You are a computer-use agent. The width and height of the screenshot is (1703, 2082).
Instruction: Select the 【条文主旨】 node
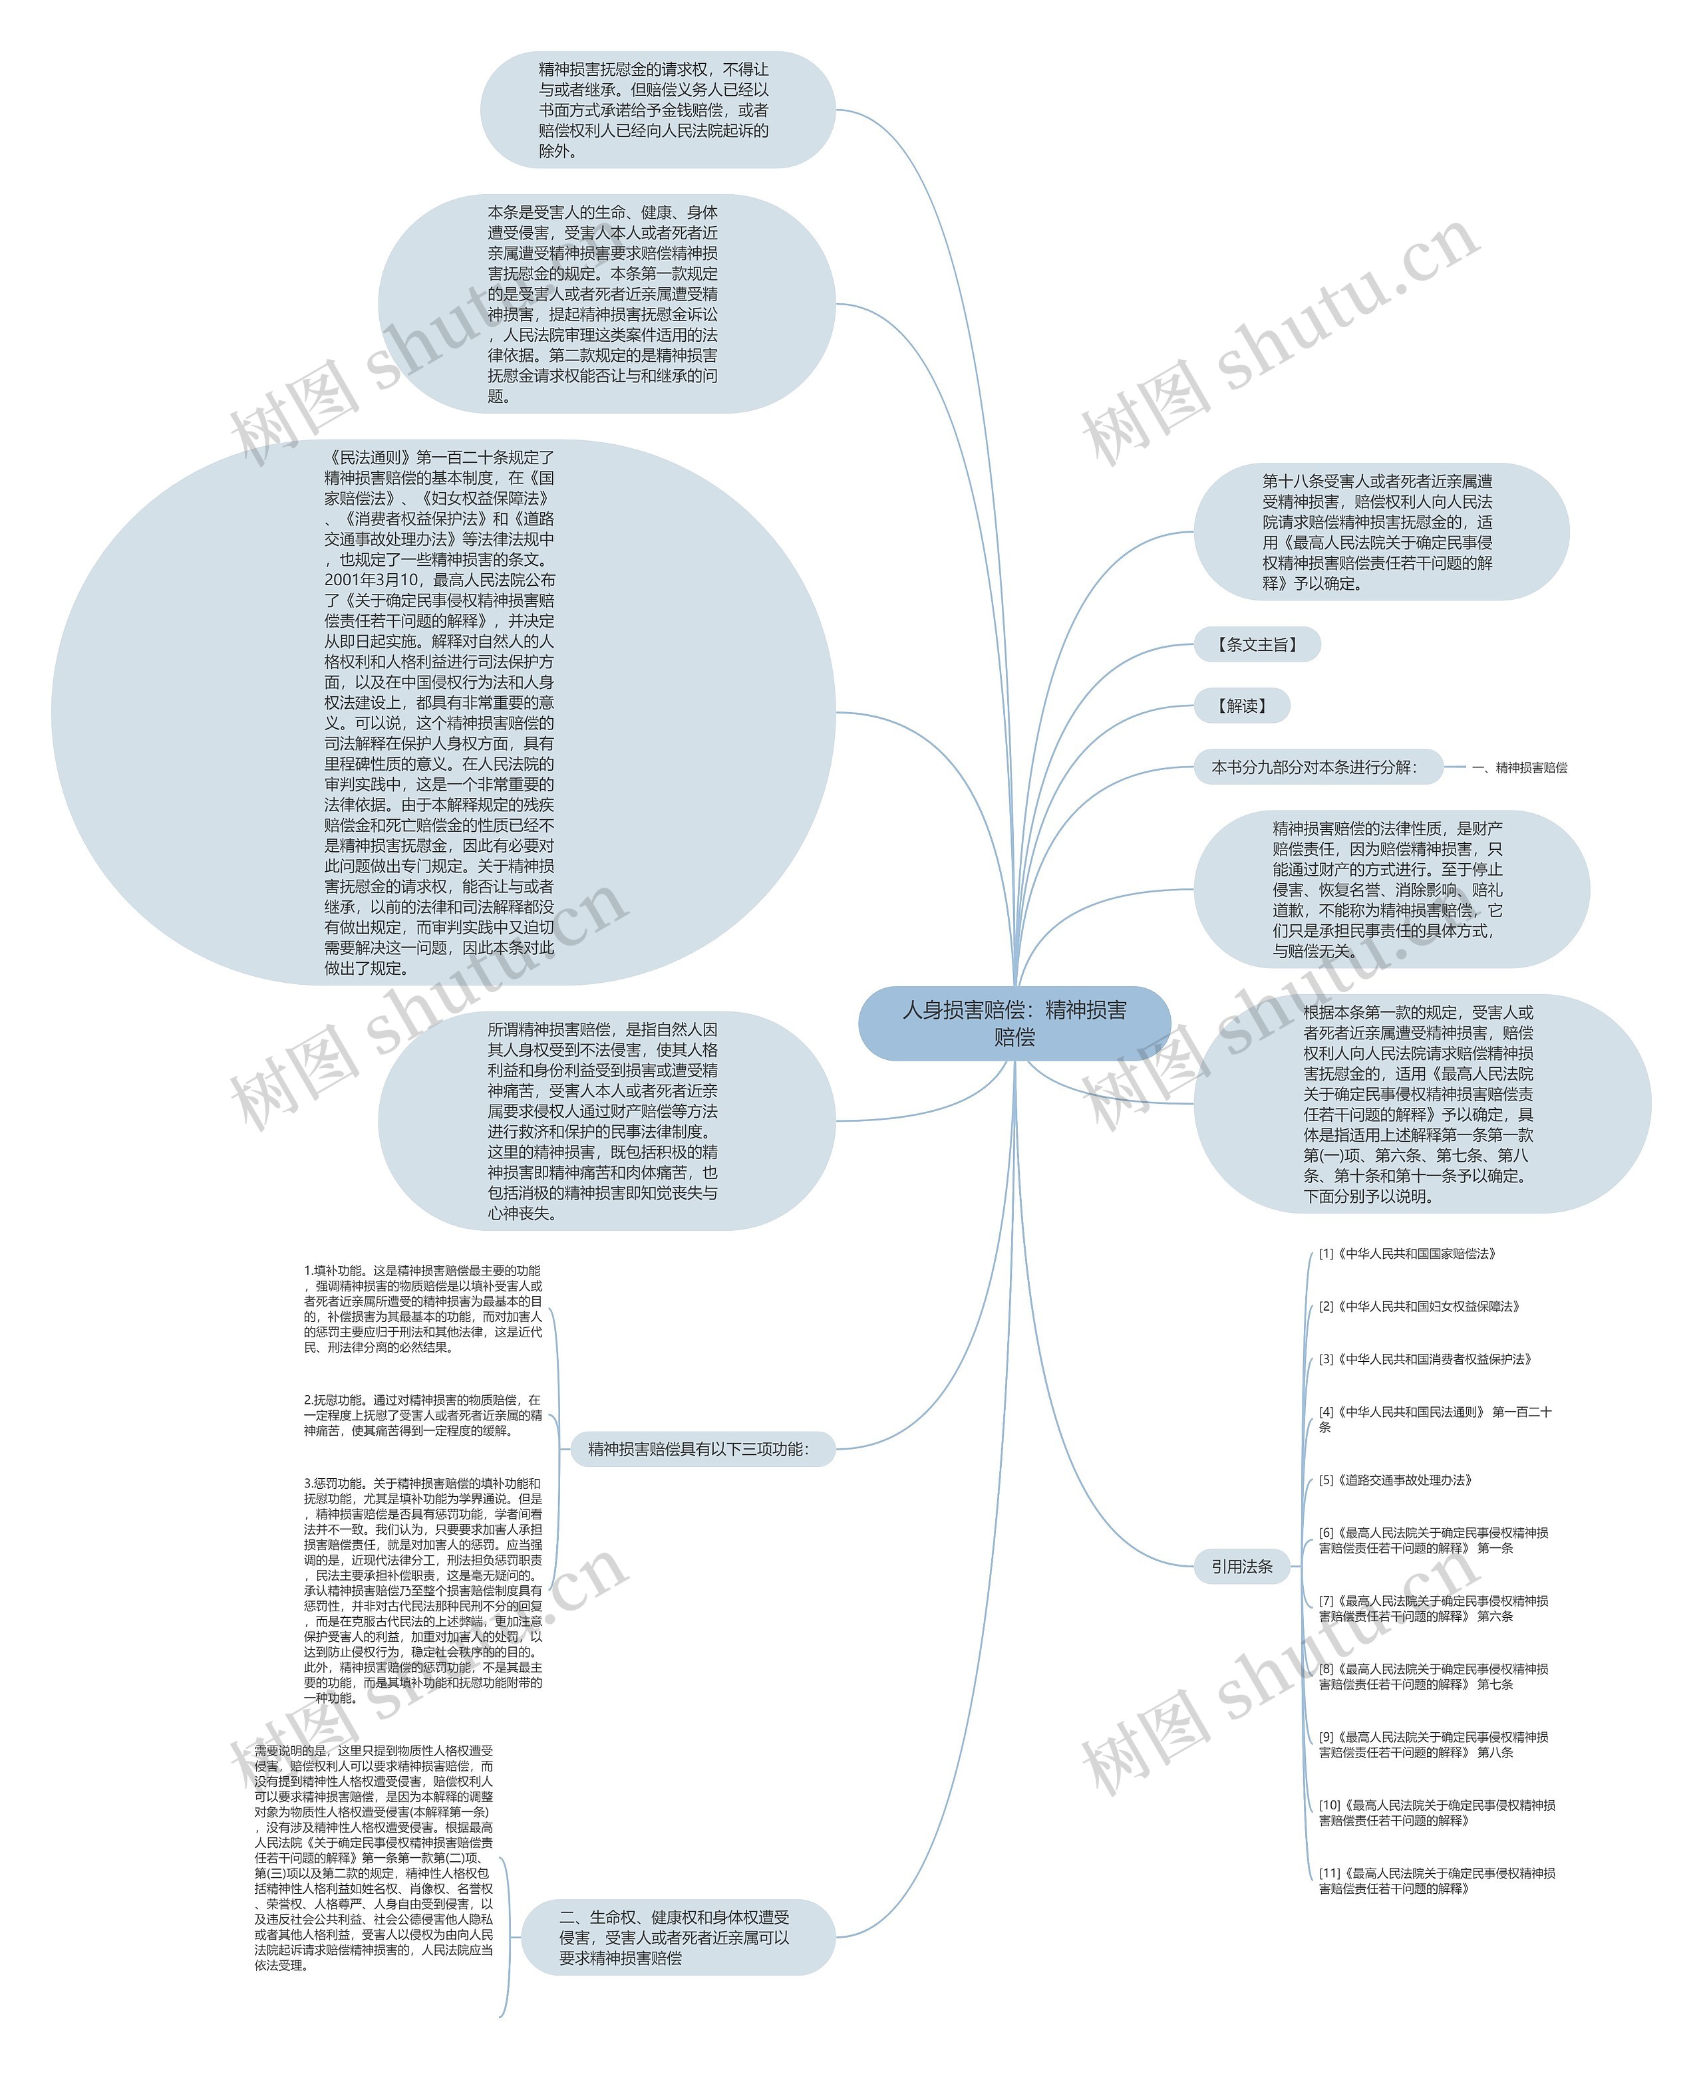tap(1257, 644)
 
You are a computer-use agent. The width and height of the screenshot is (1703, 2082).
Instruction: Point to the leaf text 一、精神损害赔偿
tap(1519, 768)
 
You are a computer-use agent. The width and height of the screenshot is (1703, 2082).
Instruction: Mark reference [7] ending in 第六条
tap(1433, 1609)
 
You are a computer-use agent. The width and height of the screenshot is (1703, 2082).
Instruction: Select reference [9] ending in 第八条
tap(1433, 1745)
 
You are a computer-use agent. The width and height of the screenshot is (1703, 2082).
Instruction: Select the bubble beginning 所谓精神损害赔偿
tap(603, 1121)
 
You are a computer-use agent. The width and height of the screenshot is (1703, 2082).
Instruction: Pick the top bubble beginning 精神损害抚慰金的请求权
tap(655, 110)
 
